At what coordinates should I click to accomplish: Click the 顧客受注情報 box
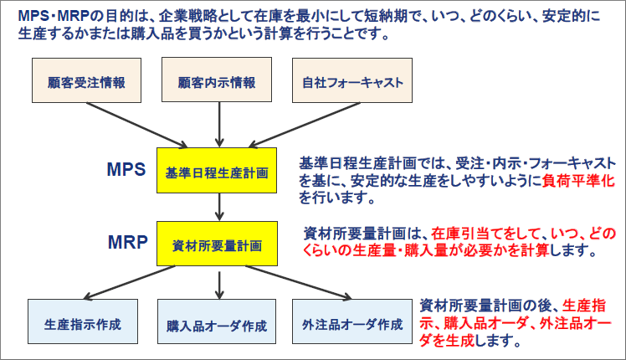click(x=82, y=83)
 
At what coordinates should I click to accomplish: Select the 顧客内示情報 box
click(x=217, y=83)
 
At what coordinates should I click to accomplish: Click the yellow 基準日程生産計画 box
click(x=217, y=172)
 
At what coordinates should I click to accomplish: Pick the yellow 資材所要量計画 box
click(x=217, y=245)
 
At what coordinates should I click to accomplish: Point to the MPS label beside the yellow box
click(x=126, y=169)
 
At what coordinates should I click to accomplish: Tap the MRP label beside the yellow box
click(x=127, y=243)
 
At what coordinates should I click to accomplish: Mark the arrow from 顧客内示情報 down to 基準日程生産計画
click(x=218, y=126)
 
